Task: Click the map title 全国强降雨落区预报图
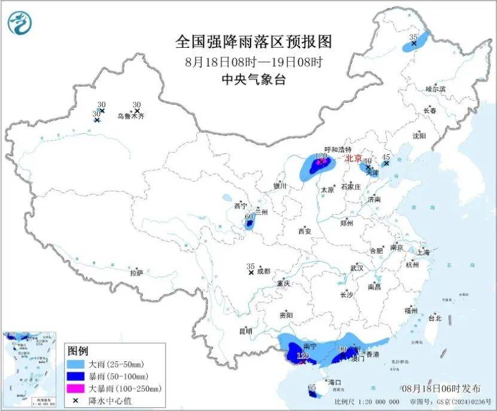pyautogui.click(x=253, y=42)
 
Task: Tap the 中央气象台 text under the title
pyautogui.click(x=253, y=78)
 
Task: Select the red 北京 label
pyautogui.click(x=353, y=159)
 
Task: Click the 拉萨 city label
pyautogui.click(x=136, y=272)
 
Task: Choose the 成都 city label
pyautogui.click(x=263, y=272)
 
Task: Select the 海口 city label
pyautogui.click(x=334, y=382)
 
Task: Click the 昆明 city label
pyautogui.click(x=245, y=331)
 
